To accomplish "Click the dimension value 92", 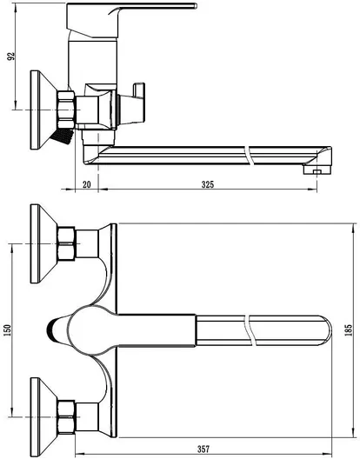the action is pyautogui.click(x=10, y=57).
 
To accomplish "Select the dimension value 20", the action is pyautogui.click(x=87, y=184).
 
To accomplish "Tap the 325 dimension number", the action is pyautogui.click(x=208, y=184).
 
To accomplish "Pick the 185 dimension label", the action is pyautogui.click(x=349, y=330).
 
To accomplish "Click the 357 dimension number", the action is pyautogui.click(x=203, y=449).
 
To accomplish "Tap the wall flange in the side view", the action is pyautogui.click(x=44, y=110).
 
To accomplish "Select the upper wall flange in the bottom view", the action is pyautogui.click(x=44, y=243).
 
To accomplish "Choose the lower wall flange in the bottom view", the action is pyautogui.click(x=44, y=417).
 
